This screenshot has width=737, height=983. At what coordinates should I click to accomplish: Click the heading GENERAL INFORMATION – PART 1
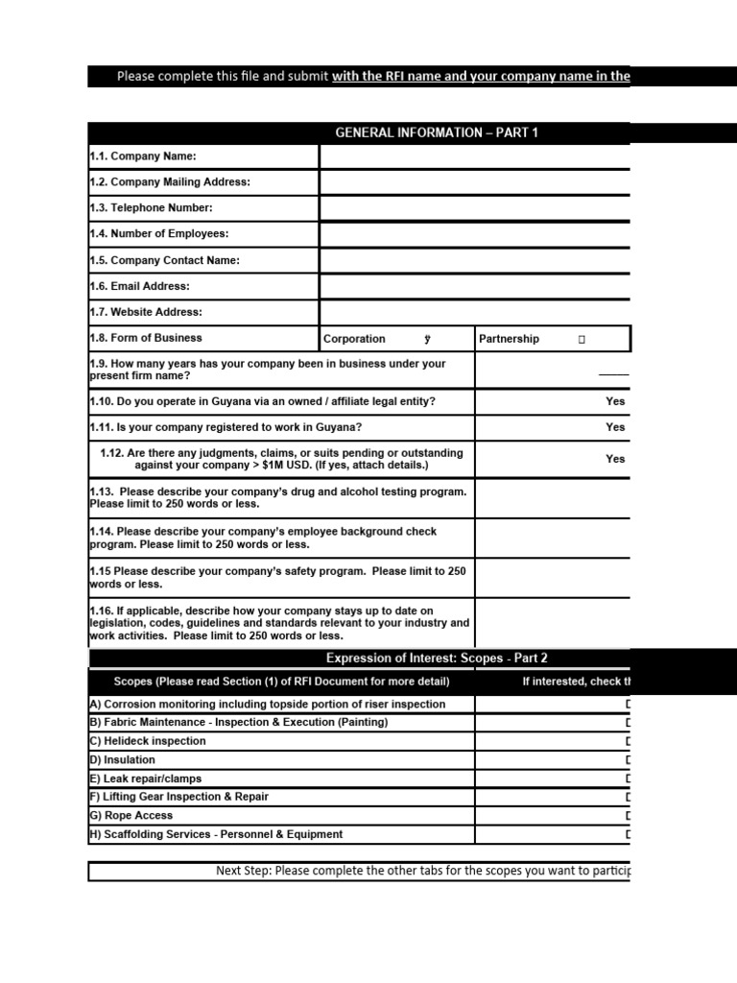437,132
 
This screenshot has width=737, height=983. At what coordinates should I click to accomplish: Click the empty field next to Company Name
475,156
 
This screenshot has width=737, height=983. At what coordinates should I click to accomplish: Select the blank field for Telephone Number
475,208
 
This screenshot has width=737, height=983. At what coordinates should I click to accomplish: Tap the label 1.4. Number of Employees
158,234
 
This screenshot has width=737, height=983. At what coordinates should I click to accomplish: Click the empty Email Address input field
475,286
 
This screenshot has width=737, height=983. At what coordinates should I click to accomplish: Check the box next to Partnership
582,340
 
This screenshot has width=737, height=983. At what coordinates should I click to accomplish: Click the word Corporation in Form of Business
354,339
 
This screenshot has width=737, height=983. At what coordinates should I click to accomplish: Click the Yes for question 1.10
615,401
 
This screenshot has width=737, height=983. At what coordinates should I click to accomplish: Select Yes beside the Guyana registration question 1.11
615,427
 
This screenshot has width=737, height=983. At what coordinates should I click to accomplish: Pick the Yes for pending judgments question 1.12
615,459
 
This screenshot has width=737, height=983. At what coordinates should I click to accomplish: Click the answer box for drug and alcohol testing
553,498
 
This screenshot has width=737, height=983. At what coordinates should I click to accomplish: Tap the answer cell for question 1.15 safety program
553,578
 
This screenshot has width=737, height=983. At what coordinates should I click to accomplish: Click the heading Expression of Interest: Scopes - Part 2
437,658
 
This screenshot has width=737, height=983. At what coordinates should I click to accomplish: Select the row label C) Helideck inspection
148,741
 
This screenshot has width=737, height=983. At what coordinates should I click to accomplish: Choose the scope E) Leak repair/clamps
145,779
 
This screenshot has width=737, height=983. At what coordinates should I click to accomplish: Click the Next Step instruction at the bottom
422,871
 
